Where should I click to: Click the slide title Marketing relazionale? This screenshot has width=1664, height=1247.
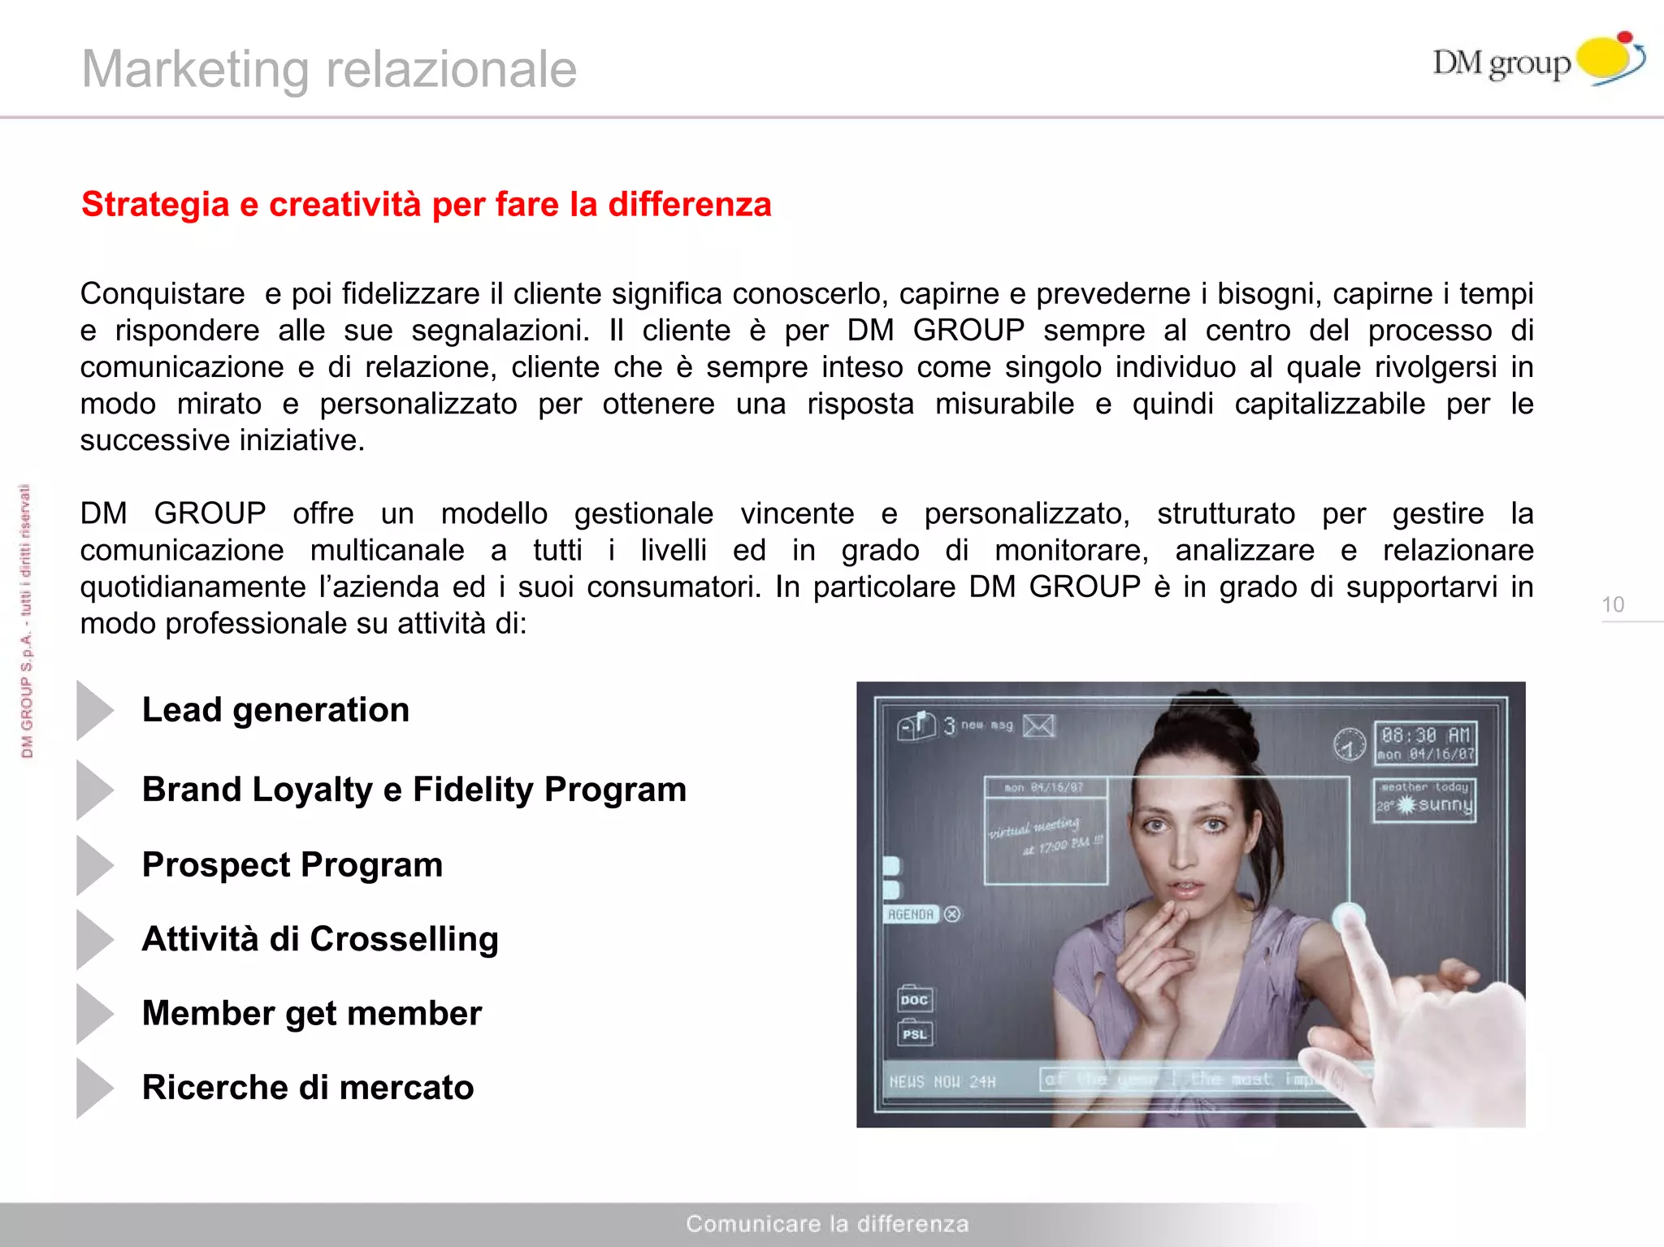click(329, 69)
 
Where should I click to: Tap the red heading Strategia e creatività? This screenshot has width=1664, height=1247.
click(426, 204)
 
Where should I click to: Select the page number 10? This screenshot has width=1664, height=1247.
click(1613, 604)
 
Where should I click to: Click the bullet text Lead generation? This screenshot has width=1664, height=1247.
click(275, 710)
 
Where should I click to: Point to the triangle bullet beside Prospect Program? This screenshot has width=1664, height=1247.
click(94, 865)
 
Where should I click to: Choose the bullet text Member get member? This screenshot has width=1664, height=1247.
click(312, 1013)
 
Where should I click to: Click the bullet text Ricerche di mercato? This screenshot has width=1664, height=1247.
click(308, 1087)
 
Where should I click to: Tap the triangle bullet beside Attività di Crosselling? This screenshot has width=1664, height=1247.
click(94, 939)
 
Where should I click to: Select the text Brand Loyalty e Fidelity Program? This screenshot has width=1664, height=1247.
click(414, 789)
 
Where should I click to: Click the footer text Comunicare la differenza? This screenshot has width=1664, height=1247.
click(827, 1223)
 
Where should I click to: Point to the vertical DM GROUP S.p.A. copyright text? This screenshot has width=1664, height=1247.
click(27, 621)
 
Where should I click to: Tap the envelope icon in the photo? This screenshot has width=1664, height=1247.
click(1038, 725)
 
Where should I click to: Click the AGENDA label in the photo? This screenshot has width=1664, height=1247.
click(911, 915)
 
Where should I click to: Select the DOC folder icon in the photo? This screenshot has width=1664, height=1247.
click(915, 999)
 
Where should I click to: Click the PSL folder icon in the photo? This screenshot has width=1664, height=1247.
click(915, 1033)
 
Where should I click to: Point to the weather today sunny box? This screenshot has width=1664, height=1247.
click(1424, 799)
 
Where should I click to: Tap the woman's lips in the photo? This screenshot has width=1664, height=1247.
click(1186, 889)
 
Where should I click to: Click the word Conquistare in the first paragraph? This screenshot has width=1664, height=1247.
click(162, 293)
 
